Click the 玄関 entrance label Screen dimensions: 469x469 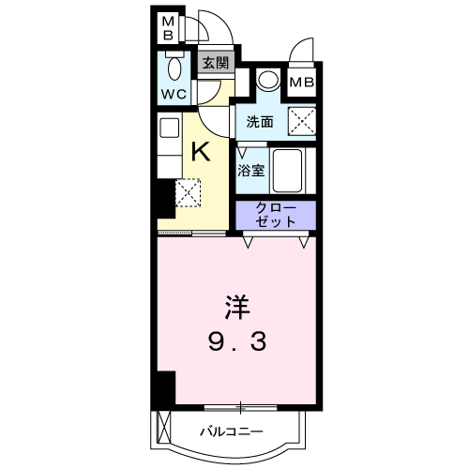click(216, 64)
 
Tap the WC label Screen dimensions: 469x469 click(174, 94)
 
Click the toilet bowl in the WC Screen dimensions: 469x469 click(174, 68)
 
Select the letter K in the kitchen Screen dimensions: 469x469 click(201, 151)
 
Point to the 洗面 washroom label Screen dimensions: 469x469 click(260, 122)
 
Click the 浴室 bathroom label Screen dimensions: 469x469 click(251, 171)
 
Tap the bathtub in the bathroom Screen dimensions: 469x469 click(287, 171)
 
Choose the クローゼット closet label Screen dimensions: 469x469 click(276, 215)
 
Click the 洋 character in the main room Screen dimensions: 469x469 click(237, 307)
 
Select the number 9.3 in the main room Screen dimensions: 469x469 click(237, 341)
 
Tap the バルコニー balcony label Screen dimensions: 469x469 click(232, 431)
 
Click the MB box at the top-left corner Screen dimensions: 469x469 click(168, 29)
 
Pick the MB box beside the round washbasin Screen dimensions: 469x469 click(302, 83)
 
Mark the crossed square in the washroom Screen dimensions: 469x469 click(302, 122)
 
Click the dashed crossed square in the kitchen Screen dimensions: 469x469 click(188, 192)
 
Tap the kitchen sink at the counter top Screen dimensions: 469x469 click(170, 128)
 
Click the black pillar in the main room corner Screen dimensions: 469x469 click(166, 388)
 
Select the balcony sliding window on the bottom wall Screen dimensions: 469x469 click(240, 408)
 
